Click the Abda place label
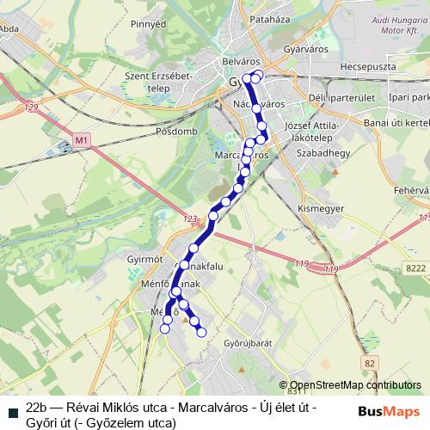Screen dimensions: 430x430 pyautogui.click(x=10, y=27)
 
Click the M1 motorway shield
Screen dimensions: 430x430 pyautogui.click(x=82, y=138)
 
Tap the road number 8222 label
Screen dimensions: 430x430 pyautogui.click(x=415, y=269)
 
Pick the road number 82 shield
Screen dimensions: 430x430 pyautogui.click(x=370, y=365)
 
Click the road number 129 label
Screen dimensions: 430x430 pyautogui.click(x=33, y=107)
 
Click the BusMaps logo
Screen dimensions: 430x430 pyautogui.click(x=390, y=411)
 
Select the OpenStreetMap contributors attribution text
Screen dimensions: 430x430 pyautogui.click(x=355, y=386)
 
